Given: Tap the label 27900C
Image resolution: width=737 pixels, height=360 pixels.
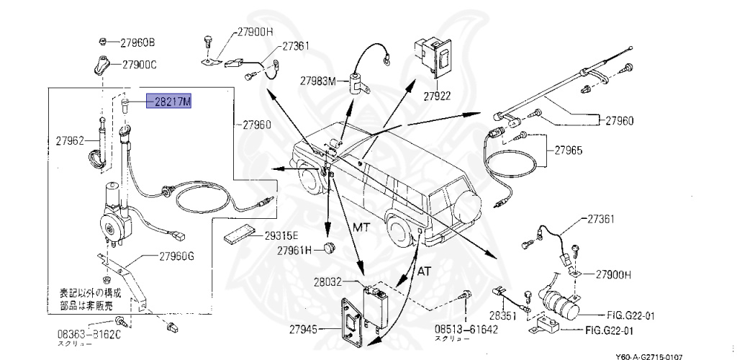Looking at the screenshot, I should (x=138, y=65).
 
